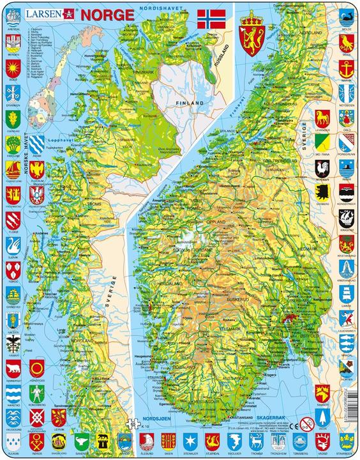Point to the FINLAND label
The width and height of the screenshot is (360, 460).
tap(190, 102)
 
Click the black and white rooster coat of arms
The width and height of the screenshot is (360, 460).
tap(322, 169)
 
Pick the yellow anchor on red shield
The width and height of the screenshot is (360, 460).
tap(346, 67)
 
